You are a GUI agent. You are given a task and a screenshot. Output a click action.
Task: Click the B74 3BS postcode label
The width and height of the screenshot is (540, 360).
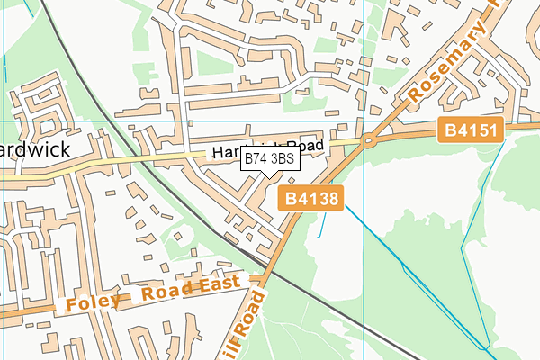(269, 159)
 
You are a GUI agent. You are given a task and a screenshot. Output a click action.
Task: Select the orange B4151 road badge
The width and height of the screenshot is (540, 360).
(471, 131)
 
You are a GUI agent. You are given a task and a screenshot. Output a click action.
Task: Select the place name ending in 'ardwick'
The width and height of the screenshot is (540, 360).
(35, 148)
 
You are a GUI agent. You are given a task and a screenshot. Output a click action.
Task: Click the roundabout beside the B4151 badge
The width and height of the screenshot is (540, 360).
(369, 140)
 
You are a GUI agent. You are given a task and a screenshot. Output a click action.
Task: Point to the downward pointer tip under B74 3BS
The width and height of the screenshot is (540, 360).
(269, 177)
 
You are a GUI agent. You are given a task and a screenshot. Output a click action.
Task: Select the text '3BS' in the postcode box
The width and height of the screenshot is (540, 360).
(282, 159)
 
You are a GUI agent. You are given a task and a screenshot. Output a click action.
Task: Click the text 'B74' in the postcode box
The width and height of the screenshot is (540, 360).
(256, 159)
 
